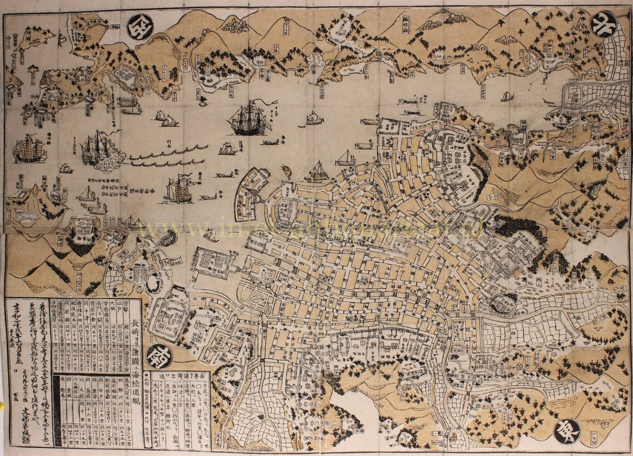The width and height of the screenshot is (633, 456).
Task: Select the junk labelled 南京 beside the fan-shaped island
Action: [178, 191]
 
